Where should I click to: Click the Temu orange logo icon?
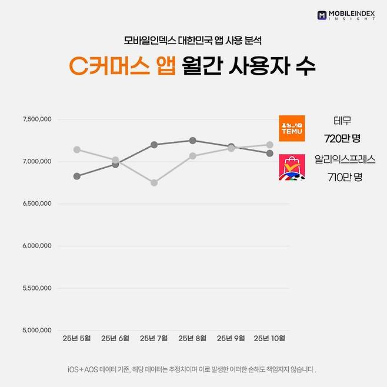[x=292, y=128]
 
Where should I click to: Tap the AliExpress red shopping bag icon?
[x=292, y=166]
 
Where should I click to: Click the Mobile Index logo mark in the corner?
[x=322, y=15]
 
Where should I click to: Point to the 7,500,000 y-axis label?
[x=36, y=119]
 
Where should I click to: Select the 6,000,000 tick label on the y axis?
[x=36, y=246]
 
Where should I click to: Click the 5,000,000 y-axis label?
[x=36, y=331]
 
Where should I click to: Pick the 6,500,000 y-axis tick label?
[x=36, y=203]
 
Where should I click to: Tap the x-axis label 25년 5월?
[x=76, y=338]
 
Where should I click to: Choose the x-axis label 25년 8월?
[x=192, y=338]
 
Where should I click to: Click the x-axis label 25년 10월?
[x=269, y=338]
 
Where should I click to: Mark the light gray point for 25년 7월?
[x=154, y=183]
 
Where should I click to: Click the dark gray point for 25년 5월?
[x=76, y=176]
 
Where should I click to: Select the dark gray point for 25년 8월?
[x=192, y=141]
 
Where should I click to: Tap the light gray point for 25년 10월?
[x=269, y=145]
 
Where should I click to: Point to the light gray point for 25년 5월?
[x=76, y=149]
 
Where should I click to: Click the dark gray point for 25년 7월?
[x=154, y=145]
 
